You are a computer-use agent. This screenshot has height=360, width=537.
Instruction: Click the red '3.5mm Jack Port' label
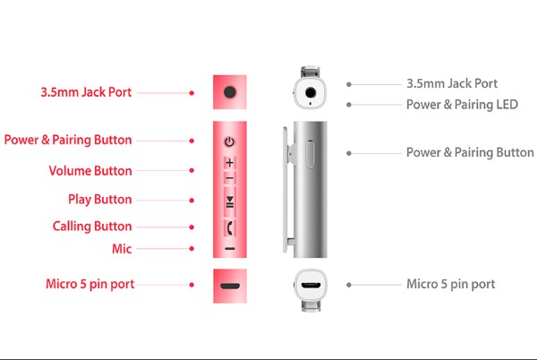pos(85,91)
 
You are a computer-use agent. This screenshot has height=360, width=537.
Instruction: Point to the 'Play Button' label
pos(99,199)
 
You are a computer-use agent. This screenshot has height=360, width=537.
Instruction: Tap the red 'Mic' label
pos(122,248)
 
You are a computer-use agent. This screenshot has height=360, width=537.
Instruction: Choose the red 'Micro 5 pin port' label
pos(90,284)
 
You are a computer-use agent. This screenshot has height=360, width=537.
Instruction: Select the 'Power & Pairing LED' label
pos(462,104)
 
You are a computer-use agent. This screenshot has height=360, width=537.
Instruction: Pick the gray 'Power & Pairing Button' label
pos(470,152)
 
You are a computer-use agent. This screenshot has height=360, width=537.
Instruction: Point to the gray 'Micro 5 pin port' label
pos(450,285)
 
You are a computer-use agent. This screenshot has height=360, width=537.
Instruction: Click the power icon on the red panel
pos(230,141)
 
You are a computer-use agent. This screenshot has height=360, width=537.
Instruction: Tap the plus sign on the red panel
pos(230,163)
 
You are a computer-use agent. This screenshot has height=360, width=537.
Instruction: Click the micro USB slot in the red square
pos(230,287)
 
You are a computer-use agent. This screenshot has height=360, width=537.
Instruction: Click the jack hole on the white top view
pos(311,90)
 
